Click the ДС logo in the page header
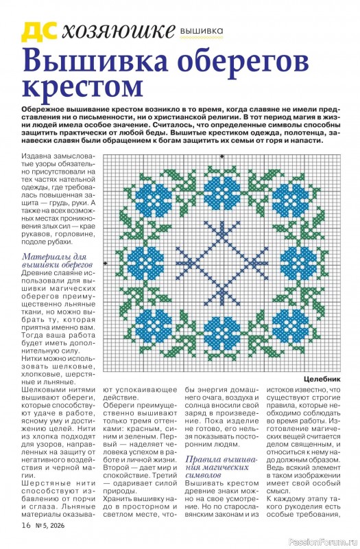[x=39, y=31]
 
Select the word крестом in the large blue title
[x=82, y=88]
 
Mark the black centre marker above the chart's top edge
[x=222, y=156]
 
